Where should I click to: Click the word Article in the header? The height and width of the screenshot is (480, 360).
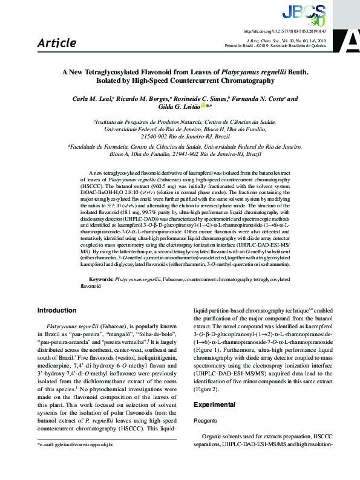click(57, 43)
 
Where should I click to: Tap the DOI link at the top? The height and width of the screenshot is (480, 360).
click(284, 30)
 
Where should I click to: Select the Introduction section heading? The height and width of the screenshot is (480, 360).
click(58, 310)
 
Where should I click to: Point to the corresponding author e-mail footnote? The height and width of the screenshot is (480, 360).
click(75, 461)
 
